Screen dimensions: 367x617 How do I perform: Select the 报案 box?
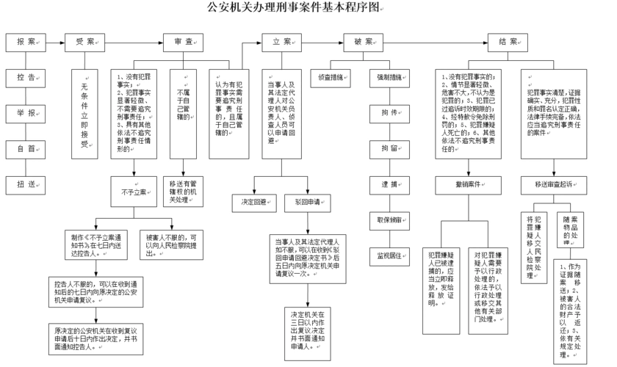(26, 42)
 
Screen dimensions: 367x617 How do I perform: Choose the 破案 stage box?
(364, 42)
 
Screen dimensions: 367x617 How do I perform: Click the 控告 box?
(26, 76)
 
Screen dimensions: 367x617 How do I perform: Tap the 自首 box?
(26, 148)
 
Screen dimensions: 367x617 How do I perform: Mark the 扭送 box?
(26, 183)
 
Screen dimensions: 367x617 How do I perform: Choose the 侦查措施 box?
(331, 76)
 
